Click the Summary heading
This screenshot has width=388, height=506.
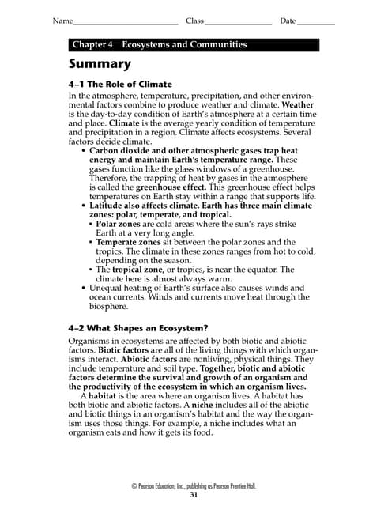tap(100, 64)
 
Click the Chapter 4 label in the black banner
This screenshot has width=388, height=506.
tap(92, 45)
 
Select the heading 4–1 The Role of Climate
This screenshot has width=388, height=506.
tap(120, 84)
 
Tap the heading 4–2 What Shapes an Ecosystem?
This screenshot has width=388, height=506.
tap(138, 328)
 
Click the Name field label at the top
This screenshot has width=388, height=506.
tap(62, 20)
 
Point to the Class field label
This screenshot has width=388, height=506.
tap(194, 20)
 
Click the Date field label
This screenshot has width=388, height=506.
tap(288, 20)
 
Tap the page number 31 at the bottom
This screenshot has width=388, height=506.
tap(194, 494)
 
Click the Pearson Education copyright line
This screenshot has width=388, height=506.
tap(194, 485)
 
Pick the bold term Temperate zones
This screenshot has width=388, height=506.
tap(128, 243)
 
